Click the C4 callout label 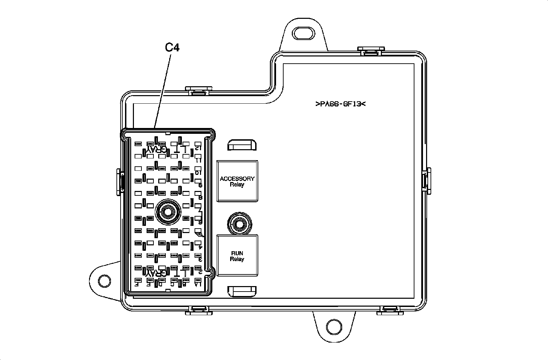[172, 47]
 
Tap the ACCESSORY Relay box [237, 181]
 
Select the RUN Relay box [237, 255]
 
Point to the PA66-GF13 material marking [340, 104]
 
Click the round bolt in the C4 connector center [167, 213]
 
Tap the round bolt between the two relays [239, 224]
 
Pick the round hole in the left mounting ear [104, 281]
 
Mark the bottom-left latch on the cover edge [199, 310]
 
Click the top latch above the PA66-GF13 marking [371, 51]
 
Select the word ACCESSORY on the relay [237, 179]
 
